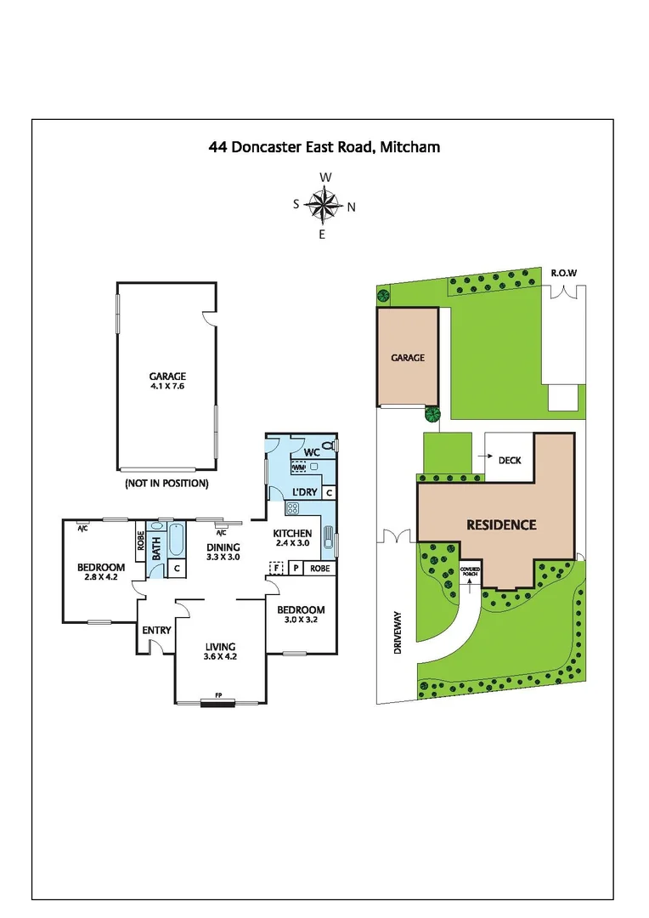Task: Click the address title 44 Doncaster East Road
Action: click(324, 147)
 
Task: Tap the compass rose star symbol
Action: click(324, 205)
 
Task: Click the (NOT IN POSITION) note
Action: click(166, 484)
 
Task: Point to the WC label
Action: click(311, 452)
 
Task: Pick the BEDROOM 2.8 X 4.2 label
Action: click(101, 573)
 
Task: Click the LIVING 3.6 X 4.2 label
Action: click(219, 652)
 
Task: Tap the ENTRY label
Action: click(157, 631)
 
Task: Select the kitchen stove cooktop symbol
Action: click(293, 508)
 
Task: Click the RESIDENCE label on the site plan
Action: click(502, 524)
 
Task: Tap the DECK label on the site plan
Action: click(510, 460)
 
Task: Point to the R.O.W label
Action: click(563, 274)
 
